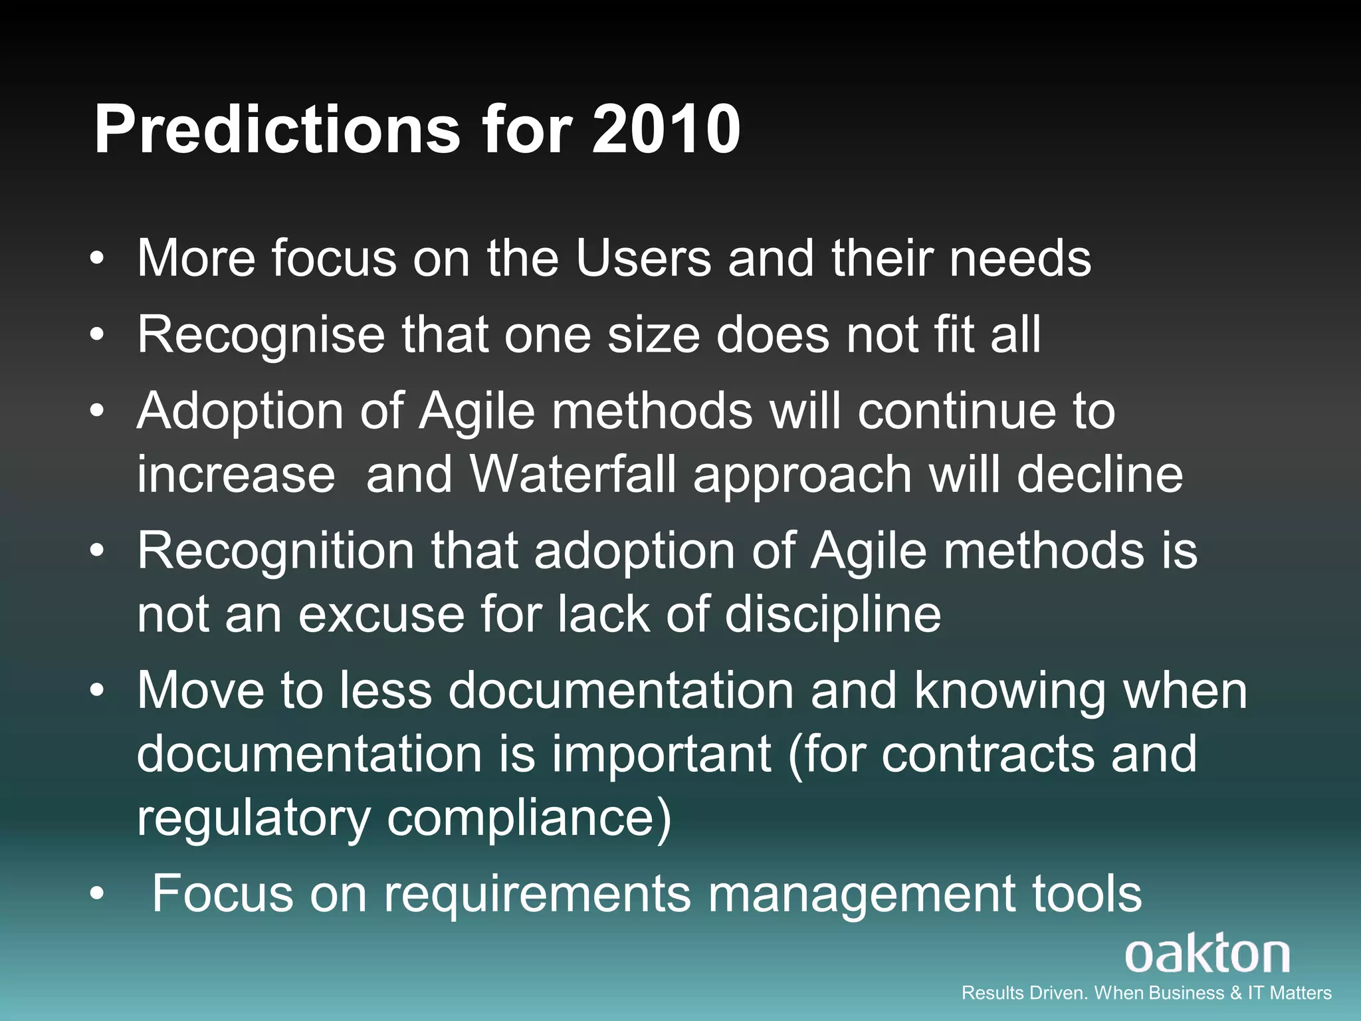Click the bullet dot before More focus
(x=98, y=260)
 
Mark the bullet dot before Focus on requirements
(x=98, y=895)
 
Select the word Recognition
(x=276, y=551)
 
